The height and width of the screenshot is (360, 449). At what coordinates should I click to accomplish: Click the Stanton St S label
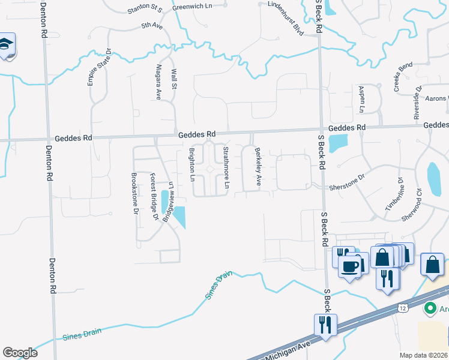coord(145,10)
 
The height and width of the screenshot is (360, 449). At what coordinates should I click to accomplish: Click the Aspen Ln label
coord(362,99)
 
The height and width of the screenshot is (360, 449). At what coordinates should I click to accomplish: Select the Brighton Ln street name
coord(193,164)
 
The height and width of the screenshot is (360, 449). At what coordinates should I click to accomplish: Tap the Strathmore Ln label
coord(226,168)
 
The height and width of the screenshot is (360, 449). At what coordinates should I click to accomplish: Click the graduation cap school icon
coord(6,46)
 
